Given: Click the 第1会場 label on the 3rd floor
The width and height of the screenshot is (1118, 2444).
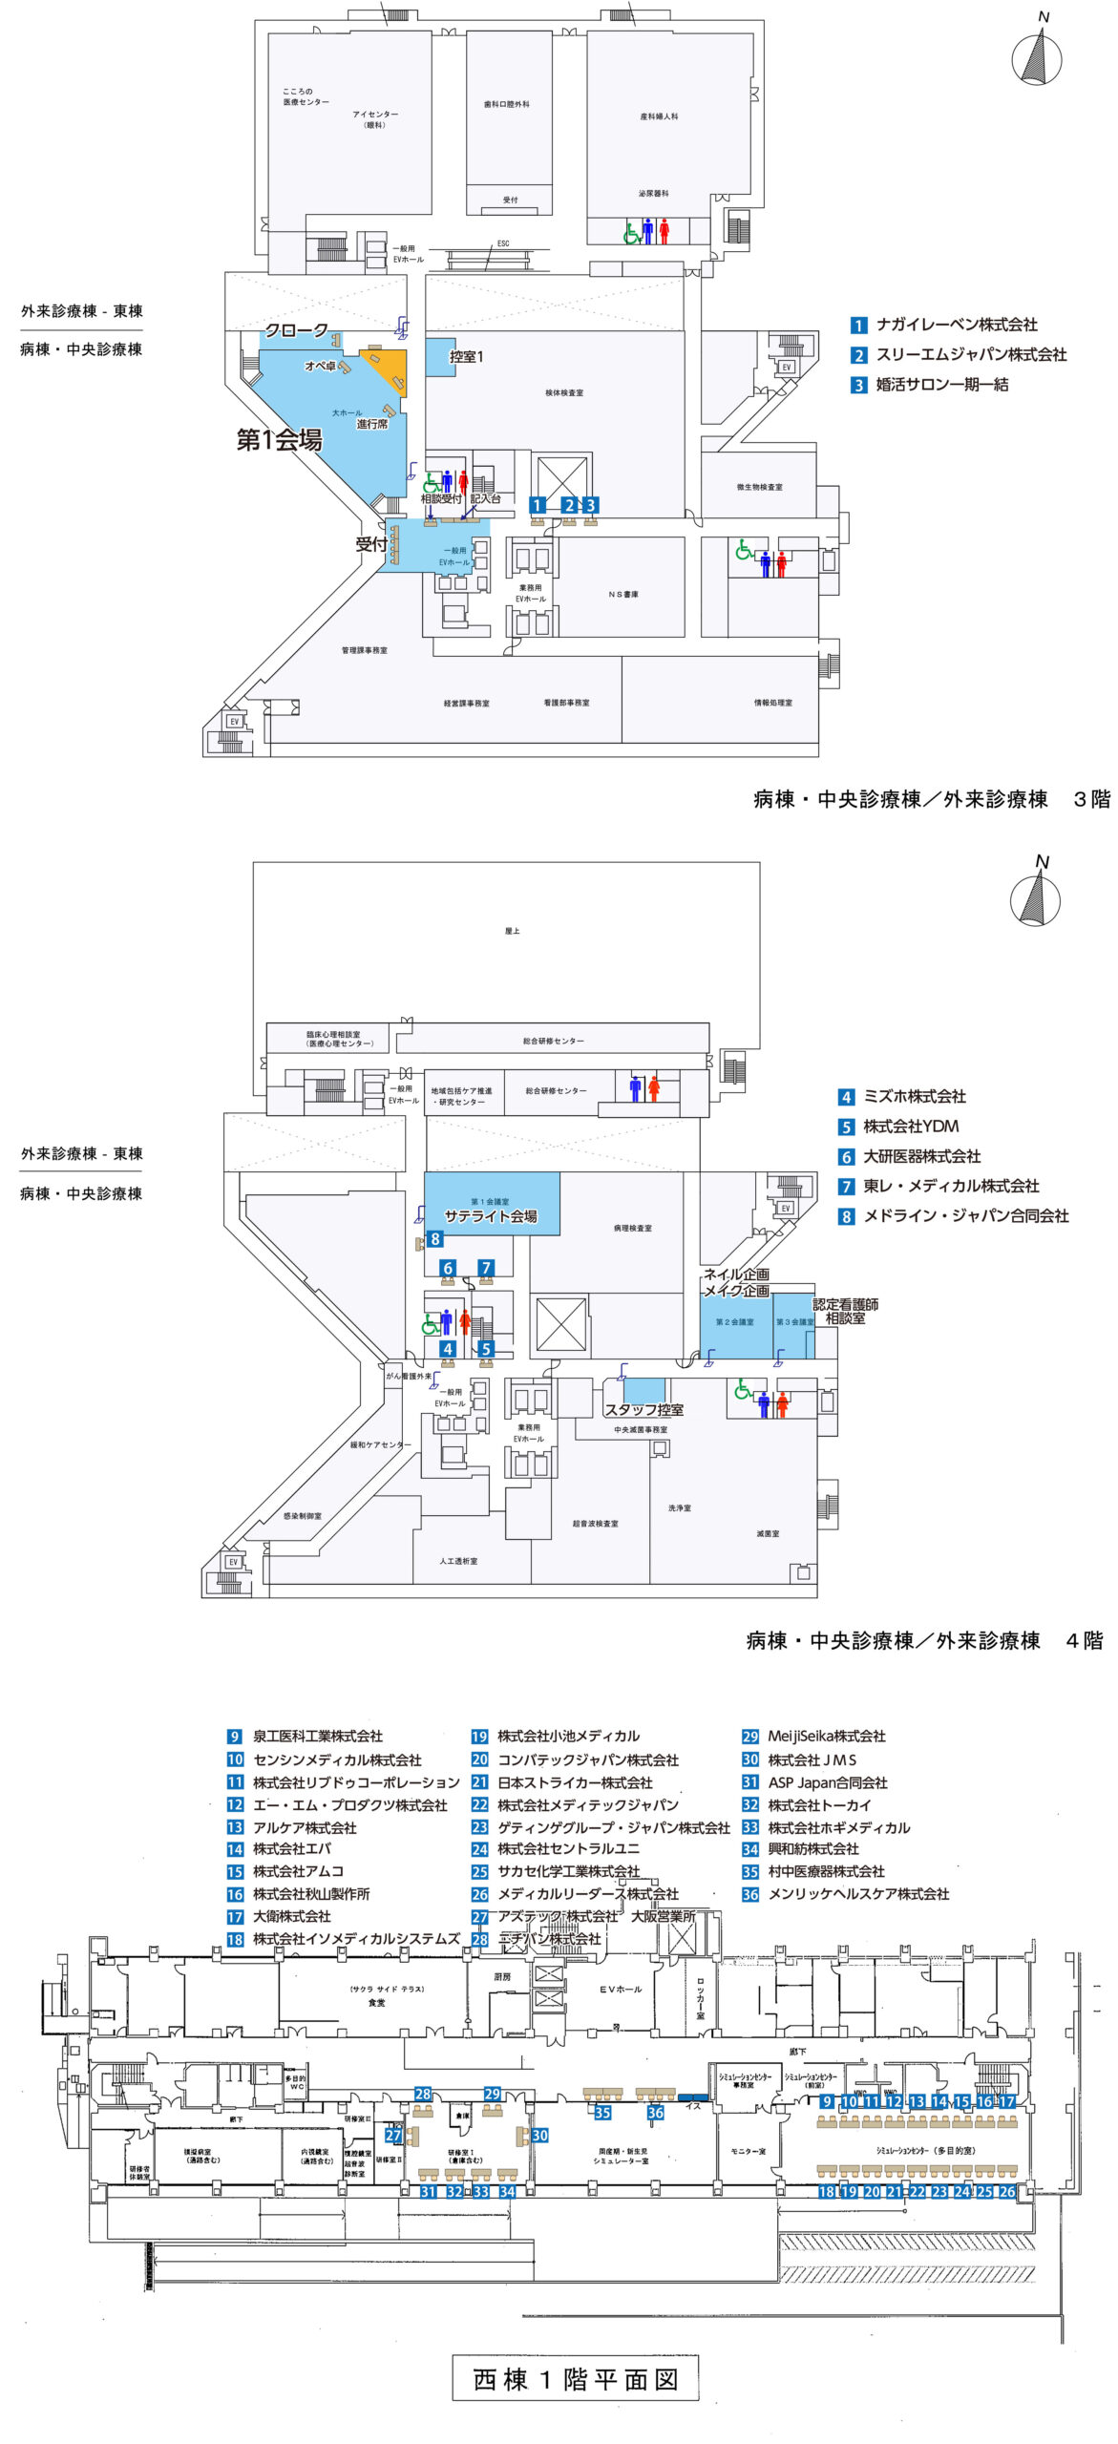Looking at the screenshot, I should click(x=279, y=440).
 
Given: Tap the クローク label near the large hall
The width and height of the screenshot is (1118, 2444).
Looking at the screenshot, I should click(x=296, y=330).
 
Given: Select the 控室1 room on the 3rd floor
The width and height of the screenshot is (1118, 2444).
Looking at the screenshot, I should click(x=466, y=356).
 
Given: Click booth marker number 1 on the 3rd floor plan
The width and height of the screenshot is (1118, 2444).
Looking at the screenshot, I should click(x=538, y=505).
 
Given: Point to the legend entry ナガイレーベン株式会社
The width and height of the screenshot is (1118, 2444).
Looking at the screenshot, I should click(x=956, y=325).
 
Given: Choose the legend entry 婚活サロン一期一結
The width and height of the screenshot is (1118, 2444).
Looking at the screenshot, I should click(x=941, y=385).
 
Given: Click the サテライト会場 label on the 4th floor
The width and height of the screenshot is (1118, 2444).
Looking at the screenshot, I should click(x=491, y=1216).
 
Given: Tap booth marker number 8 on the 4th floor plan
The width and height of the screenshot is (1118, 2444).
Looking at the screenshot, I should click(x=434, y=1239).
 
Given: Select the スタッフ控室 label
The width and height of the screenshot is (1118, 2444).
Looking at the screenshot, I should click(x=643, y=1409).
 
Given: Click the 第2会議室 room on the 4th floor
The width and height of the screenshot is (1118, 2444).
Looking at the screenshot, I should click(x=734, y=1322).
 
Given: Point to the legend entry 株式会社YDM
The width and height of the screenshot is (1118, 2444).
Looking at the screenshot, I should click(x=910, y=1127).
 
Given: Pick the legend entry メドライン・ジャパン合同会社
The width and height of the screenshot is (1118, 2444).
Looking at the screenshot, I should click(x=965, y=1216).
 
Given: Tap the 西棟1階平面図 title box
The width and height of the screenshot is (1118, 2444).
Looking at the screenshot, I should click(x=575, y=2379).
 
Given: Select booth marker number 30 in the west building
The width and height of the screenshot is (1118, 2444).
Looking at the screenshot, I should click(x=539, y=2136).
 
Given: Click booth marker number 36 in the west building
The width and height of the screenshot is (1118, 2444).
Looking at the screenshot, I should click(x=655, y=2114).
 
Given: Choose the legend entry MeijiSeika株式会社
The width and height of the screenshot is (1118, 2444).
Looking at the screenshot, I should click(x=826, y=1737).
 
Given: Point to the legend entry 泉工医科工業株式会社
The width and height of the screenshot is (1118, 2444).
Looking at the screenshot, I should click(x=317, y=1737).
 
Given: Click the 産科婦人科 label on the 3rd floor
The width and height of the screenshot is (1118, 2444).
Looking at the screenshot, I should click(x=659, y=116).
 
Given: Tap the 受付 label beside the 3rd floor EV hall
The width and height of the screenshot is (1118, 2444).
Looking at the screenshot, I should click(x=370, y=544).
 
